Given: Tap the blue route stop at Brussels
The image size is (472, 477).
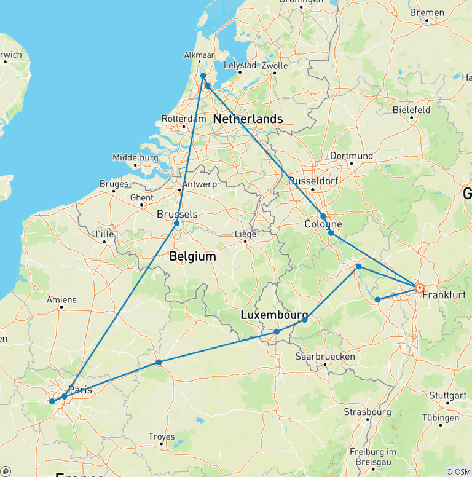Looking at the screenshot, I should (176, 223).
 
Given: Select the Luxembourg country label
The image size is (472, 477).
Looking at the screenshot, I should (274, 315).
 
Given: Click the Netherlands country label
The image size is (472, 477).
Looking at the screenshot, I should (248, 119).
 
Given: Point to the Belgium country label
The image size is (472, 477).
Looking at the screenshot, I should (193, 256).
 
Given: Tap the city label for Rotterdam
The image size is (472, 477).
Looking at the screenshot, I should (182, 119).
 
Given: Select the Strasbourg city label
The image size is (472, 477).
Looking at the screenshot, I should (368, 411).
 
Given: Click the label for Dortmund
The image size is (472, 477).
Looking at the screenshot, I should (351, 156).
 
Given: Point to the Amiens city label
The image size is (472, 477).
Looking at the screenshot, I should (61, 300).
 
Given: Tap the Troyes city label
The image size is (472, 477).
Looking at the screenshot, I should (161, 437).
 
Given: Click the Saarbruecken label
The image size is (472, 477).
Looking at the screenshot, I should (325, 357).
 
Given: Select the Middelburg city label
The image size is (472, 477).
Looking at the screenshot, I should (135, 158).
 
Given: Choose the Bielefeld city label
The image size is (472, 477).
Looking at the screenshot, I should (411, 110).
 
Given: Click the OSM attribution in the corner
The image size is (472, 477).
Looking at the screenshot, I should (458, 471).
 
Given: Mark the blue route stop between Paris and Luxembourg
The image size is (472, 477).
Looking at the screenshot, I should (159, 363).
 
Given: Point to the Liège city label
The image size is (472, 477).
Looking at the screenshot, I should (245, 234).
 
